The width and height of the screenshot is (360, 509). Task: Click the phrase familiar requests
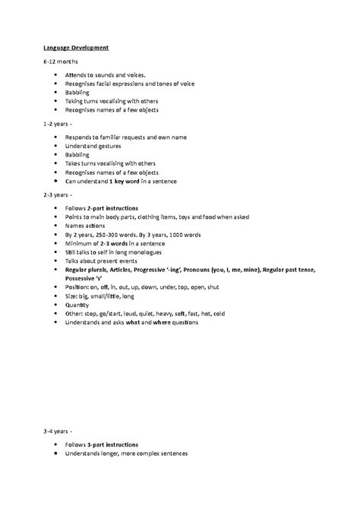(134, 138)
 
